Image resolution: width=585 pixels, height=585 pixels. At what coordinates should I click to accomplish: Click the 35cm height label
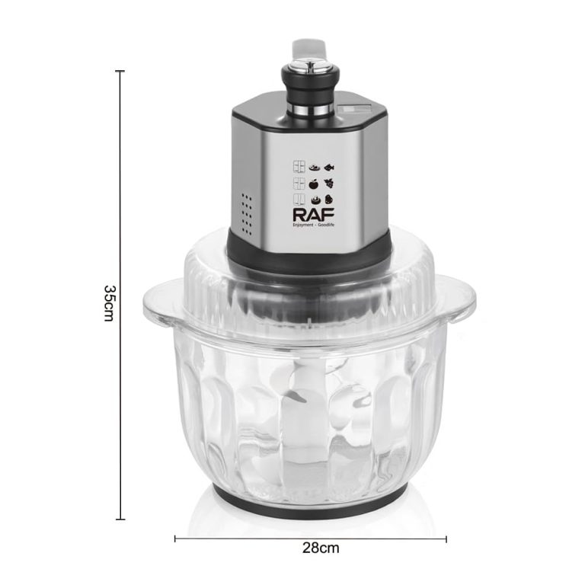(109, 303)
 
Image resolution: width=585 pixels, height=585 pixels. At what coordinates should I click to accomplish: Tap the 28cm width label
(321, 548)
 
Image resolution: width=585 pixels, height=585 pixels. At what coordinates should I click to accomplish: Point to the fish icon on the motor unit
(329, 168)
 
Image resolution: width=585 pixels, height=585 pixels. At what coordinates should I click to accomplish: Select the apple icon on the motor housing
(313, 184)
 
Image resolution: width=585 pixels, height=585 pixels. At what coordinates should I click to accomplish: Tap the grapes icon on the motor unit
(329, 183)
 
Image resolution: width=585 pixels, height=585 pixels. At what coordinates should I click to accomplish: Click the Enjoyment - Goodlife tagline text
(313, 225)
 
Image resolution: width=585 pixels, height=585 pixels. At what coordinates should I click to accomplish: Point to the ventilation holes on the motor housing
(247, 213)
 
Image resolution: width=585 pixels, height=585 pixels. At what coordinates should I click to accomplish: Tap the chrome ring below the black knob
(311, 110)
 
